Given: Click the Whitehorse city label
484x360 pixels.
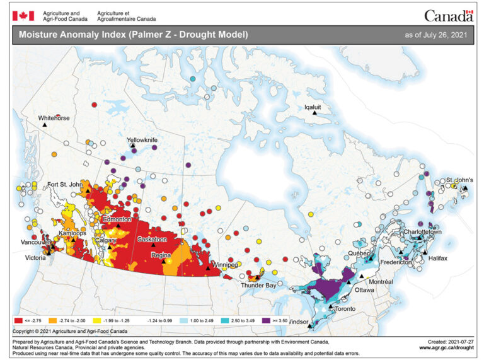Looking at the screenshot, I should [54, 118].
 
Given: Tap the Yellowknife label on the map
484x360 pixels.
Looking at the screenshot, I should [142, 139].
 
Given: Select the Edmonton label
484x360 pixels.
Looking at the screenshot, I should [117, 219].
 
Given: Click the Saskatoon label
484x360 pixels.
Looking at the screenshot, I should [153, 240].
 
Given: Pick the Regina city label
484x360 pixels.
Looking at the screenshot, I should [163, 255].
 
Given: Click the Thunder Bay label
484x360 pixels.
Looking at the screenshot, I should [258, 285].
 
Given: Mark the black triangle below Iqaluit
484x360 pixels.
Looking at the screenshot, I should [313, 113].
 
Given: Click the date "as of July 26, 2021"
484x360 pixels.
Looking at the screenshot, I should [436, 33].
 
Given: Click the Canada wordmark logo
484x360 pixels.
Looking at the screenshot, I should [448, 15].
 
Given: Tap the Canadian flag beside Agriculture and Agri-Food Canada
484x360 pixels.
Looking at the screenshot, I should [23, 15].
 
